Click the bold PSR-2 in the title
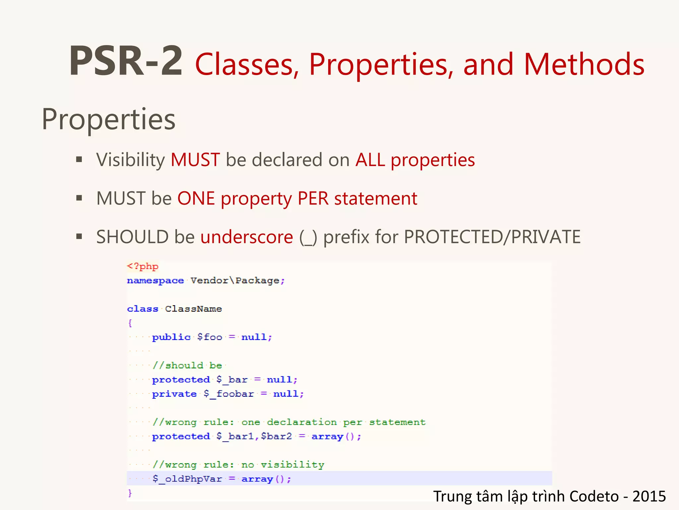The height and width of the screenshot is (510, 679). pyautogui.click(x=126, y=62)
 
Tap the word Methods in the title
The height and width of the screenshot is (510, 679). pyautogui.click(x=584, y=64)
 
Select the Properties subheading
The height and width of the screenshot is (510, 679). pyautogui.click(x=108, y=120)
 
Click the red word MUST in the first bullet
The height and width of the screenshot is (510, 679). pyautogui.click(x=195, y=160)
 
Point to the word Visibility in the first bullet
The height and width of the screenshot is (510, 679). pyautogui.click(x=130, y=160)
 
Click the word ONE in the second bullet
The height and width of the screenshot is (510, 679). pyautogui.click(x=196, y=199)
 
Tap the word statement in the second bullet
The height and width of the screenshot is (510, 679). pyautogui.click(x=376, y=199)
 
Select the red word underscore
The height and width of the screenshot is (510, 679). pyautogui.click(x=247, y=237)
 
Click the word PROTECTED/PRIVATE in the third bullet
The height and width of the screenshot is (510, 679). pyautogui.click(x=492, y=237)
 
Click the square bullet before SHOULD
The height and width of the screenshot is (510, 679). pyautogui.click(x=79, y=237)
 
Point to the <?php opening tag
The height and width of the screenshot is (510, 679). pyautogui.click(x=143, y=266)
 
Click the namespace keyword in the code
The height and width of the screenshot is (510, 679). pyautogui.click(x=155, y=281)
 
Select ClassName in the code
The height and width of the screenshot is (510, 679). pyautogui.click(x=193, y=309)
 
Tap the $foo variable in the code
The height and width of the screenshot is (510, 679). pyautogui.click(x=210, y=337)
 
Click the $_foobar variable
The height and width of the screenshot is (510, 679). pyautogui.click(x=228, y=394)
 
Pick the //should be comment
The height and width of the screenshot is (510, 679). pyautogui.click(x=187, y=366)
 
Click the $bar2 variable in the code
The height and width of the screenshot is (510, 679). pyautogui.click(x=276, y=436)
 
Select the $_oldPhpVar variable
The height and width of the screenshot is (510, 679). pyautogui.click(x=187, y=479)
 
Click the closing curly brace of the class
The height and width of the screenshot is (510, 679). pyautogui.click(x=130, y=493)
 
